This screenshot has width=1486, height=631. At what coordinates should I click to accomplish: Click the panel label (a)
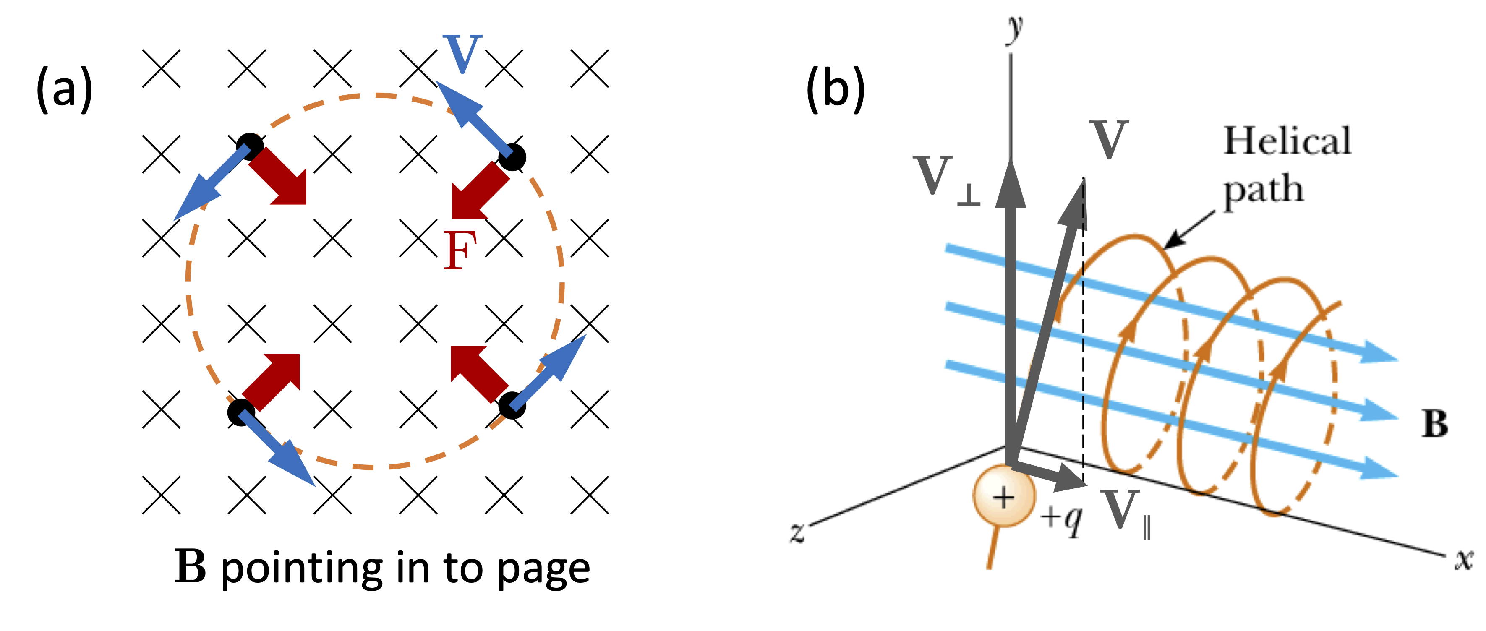[x=64, y=89]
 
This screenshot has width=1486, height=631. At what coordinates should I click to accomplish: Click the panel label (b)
[x=835, y=89]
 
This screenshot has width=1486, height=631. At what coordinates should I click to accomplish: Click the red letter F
[x=460, y=250]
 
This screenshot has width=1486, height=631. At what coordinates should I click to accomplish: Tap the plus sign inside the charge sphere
[x=1004, y=497]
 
